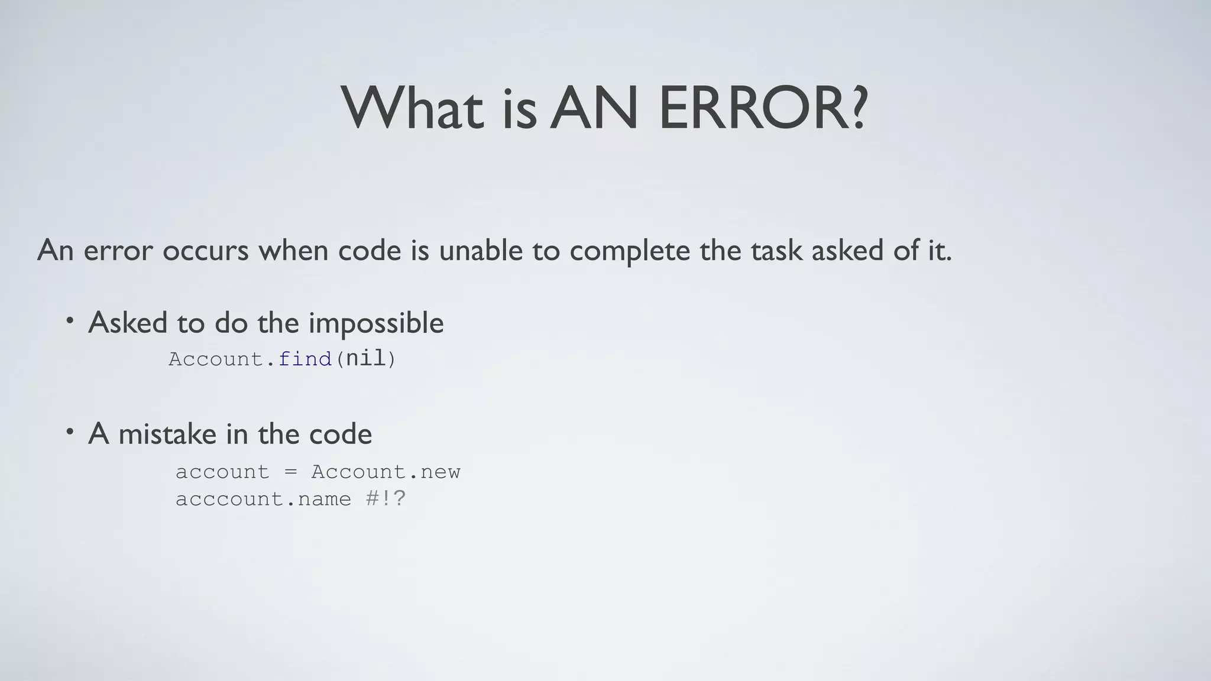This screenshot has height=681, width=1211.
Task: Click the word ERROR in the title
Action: (x=751, y=109)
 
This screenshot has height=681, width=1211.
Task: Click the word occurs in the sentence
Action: (x=205, y=251)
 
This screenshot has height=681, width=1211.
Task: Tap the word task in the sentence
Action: (x=776, y=251)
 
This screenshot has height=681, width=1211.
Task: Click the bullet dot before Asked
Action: (x=70, y=320)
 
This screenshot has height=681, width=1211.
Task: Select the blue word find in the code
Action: (x=305, y=359)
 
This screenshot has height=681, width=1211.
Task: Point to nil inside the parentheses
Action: (x=365, y=358)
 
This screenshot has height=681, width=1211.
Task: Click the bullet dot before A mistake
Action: (x=70, y=432)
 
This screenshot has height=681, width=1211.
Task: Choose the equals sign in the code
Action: (x=290, y=472)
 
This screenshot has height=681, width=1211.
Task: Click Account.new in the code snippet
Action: (x=386, y=472)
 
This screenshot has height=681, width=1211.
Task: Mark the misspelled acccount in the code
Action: (x=229, y=500)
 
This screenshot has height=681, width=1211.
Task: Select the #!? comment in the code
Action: (x=386, y=499)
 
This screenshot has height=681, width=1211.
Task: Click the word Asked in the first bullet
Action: (x=127, y=323)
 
